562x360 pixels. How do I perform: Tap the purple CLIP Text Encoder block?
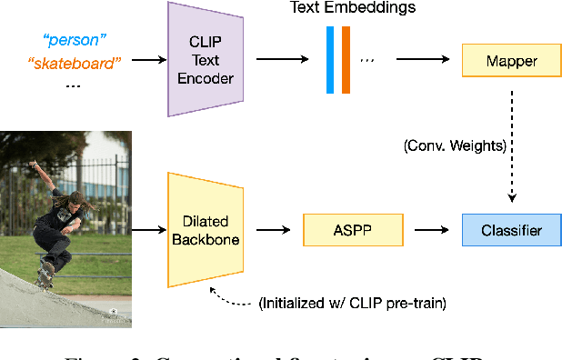211,60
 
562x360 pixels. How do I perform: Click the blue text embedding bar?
330,61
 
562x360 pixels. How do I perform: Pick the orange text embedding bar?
346,61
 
